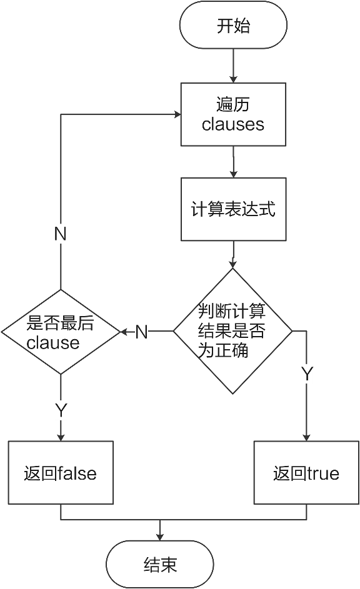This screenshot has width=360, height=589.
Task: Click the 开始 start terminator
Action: coord(233,26)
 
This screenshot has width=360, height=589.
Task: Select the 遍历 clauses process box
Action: coord(233,114)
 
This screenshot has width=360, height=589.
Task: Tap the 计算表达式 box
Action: coord(233,209)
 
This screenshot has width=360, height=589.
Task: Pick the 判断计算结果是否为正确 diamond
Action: coord(232,331)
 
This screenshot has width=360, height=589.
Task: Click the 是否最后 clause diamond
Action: coord(61,332)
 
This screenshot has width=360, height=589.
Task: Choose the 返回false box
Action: coord(61,473)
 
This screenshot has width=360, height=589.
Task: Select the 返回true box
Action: coord(306,473)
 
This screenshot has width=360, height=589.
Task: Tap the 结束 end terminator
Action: coord(160,565)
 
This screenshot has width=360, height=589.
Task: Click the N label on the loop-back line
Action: coord(61,234)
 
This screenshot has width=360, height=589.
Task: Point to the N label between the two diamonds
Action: coord(142,332)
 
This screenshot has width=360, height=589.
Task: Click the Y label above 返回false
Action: coord(61,410)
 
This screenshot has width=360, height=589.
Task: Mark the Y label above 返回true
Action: coord(307,374)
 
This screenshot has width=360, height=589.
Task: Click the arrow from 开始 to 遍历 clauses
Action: coord(233,65)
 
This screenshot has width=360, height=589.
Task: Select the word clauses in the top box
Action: coord(233,124)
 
